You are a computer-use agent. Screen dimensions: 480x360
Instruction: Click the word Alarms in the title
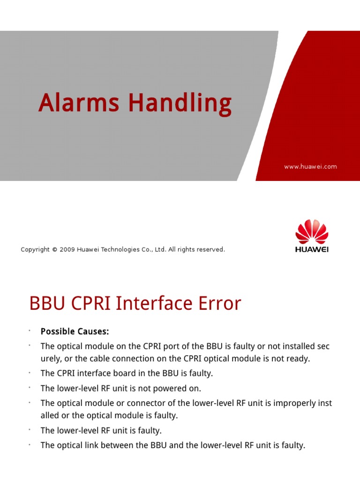point(79,103)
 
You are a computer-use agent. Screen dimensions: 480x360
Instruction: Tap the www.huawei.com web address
point(310,166)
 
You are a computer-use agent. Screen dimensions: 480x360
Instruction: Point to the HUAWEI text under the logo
point(312,249)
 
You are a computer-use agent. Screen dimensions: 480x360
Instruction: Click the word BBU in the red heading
point(46,304)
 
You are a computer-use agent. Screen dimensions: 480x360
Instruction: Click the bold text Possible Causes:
point(75,332)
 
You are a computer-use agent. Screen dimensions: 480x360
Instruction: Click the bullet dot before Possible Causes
point(29,331)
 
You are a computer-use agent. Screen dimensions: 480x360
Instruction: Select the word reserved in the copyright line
point(210,250)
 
